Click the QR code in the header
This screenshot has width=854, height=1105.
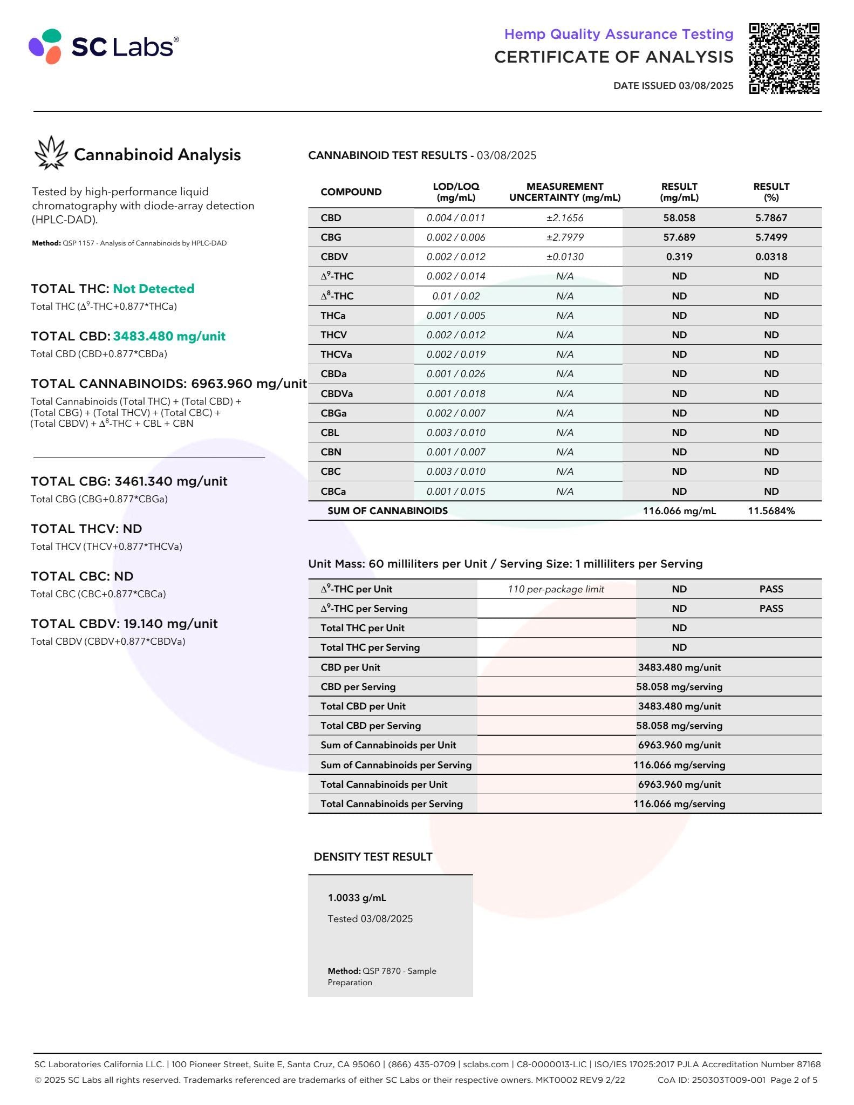click(x=784, y=58)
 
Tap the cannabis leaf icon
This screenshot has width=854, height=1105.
click(x=51, y=153)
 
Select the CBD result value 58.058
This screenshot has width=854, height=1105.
click(x=679, y=218)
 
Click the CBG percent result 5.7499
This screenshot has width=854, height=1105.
click(x=771, y=237)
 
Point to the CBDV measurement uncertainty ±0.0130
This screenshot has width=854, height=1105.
click(x=564, y=257)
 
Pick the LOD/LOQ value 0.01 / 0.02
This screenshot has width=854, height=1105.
click(x=456, y=296)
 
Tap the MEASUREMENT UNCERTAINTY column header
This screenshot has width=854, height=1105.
click(x=564, y=192)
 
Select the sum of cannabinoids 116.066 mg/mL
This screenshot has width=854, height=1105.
click(x=679, y=511)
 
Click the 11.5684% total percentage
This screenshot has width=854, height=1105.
click(x=771, y=511)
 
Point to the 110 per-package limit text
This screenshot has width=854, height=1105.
click(x=556, y=589)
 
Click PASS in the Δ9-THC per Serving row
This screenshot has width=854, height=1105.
click(x=771, y=609)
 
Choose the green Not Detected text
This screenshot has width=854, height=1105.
click(x=153, y=289)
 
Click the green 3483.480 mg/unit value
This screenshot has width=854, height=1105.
click(x=169, y=336)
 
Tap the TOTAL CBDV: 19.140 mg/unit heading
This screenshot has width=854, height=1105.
click(x=124, y=624)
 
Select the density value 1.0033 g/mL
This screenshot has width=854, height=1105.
click(x=357, y=898)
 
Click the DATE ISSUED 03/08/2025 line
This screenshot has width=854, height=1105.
click(x=673, y=85)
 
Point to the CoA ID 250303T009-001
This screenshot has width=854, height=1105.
click(x=711, y=1080)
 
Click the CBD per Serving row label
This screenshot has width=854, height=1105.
click(x=358, y=687)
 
